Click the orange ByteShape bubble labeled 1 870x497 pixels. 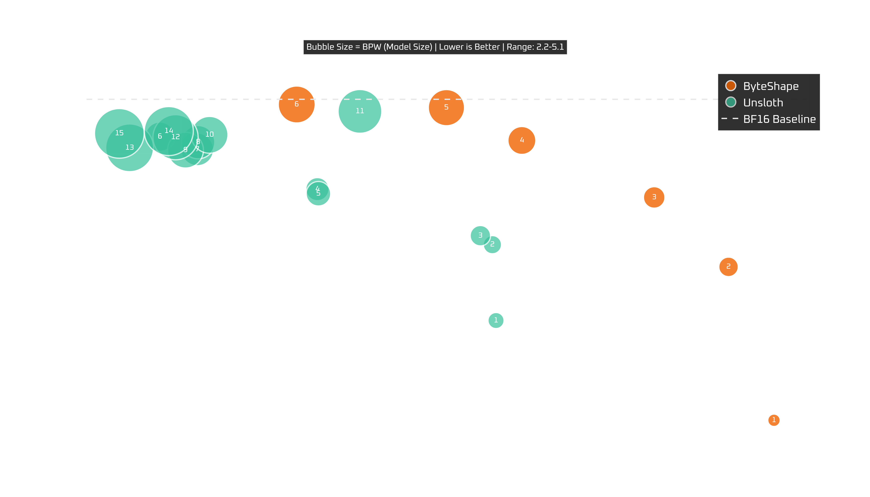774,420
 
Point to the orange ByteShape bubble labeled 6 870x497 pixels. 296,104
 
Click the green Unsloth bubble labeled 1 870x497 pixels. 496,320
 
